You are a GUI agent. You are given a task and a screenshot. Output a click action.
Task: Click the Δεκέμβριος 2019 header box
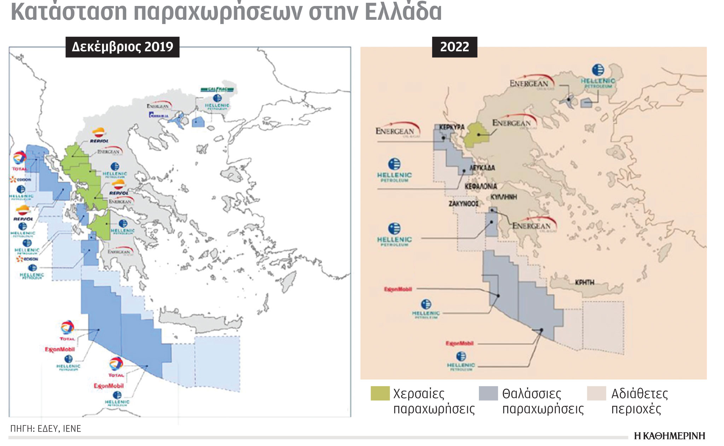click(x=122, y=47)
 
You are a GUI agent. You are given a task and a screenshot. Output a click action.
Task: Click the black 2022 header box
click(x=454, y=47)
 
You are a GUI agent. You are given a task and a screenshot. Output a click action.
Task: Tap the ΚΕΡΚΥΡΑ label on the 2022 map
click(x=452, y=127)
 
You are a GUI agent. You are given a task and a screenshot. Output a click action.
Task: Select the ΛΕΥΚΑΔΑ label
click(x=482, y=168)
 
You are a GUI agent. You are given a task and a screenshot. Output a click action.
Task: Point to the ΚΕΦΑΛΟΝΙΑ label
click(x=481, y=186)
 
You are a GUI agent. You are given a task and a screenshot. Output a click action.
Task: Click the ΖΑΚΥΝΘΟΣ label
click(x=463, y=204)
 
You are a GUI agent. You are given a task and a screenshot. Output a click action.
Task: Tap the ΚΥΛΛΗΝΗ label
click(x=504, y=197)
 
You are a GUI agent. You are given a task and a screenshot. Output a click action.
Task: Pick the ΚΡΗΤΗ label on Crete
click(x=584, y=282)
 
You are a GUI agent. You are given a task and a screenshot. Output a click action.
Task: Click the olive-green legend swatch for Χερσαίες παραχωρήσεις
click(x=380, y=393)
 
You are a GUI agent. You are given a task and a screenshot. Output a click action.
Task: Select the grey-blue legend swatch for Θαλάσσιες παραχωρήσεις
click(x=488, y=393)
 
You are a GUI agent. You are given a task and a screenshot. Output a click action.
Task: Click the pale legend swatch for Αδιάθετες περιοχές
click(x=596, y=393)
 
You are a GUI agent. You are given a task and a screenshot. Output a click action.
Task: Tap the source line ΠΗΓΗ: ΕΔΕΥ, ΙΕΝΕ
click(x=46, y=429)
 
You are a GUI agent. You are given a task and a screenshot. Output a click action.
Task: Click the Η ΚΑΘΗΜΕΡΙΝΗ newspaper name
click(x=669, y=436)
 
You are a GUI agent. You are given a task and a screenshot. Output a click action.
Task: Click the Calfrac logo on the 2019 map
click(x=216, y=89)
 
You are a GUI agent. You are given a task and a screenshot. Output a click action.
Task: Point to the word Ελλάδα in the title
click(x=403, y=11)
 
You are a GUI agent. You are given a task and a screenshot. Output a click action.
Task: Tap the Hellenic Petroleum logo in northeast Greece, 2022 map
click(x=598, y=76)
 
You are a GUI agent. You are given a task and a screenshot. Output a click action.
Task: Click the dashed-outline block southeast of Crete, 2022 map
click(x=603, y=327)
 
